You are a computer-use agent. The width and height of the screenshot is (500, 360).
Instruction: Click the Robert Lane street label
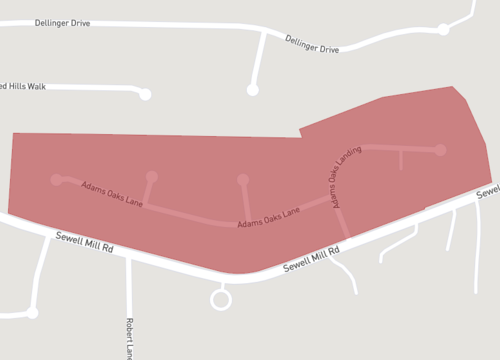coord(129,338)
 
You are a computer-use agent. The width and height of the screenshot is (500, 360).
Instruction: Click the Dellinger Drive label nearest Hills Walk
coord(62,22)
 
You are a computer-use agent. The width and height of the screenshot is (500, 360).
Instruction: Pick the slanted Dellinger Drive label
coord(312,43)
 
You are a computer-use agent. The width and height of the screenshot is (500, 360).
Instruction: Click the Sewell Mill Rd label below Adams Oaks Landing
coord(311,261)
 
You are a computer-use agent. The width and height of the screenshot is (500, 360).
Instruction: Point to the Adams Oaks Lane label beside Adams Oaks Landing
coord(268,218)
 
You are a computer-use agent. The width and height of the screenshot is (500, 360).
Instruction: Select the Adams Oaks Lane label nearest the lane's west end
coord(112,193)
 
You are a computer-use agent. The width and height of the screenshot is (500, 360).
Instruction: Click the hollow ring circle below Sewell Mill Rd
coord(221,299)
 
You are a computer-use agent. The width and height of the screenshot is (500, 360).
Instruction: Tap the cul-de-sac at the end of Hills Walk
coord(145,94)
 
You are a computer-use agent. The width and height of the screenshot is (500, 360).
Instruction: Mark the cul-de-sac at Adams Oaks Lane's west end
coord(56,180)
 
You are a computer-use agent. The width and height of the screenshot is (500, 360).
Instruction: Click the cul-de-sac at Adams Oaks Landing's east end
coord(439,150)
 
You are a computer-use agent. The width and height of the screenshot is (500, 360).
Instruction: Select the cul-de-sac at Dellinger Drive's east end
coord(444,30)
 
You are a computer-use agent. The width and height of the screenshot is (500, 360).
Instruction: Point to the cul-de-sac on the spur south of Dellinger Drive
coord(253,90)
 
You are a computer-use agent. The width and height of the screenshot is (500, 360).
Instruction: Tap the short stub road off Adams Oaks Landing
coord(401,160)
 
